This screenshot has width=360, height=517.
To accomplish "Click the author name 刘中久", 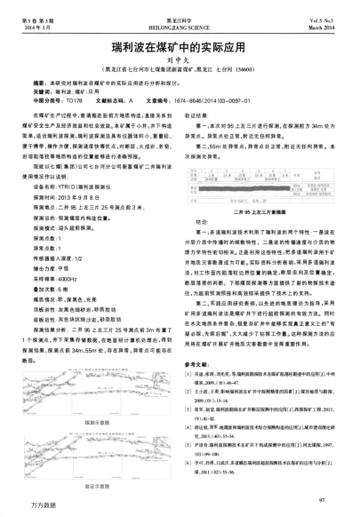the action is pos(180,54).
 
